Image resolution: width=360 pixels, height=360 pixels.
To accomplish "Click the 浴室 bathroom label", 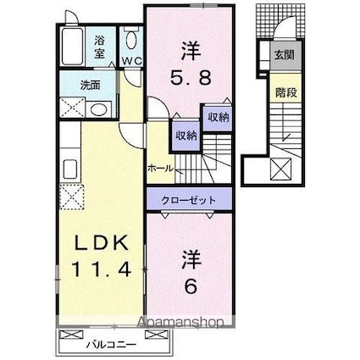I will pyautogui.click(x=99, y=44).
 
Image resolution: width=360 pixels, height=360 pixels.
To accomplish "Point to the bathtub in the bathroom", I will pyautogui.click(x=71, y=46).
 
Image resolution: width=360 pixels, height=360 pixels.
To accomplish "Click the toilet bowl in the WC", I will pyautogui.click(x=130, y=40).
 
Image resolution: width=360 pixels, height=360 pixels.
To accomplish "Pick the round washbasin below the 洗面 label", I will pyautogui.click(x=98, y=108).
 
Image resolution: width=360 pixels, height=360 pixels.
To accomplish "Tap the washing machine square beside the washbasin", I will pyautogui.click(x=71, y=108).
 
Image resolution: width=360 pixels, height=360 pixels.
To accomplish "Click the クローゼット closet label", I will pyautogui.click(x=186, y=200).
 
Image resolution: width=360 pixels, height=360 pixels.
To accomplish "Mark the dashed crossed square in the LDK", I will pyautogui.click(x=71, y=197).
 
